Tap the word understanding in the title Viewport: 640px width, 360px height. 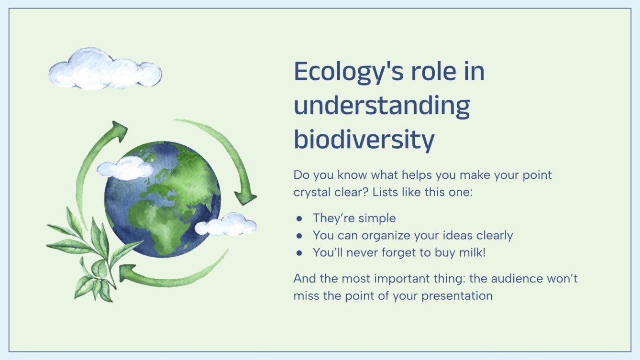[381, 106]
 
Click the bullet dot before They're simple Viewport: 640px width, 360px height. [299, 218]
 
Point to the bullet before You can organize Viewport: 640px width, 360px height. [299, 236]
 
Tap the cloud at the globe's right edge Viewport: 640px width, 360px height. [226, 224]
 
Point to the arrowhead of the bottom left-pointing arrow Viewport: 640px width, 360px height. [127, 273]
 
